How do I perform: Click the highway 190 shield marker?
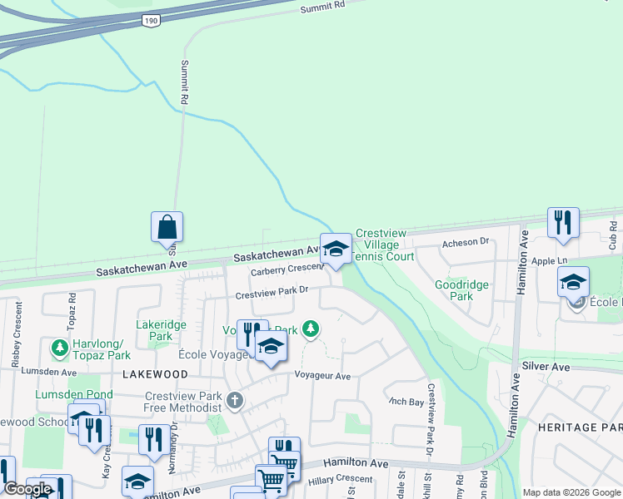150,20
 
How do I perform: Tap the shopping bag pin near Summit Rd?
167,227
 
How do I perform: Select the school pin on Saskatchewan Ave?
336,249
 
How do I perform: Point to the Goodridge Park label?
461,289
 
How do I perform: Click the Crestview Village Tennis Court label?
384,245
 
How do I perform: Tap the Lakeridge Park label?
162,331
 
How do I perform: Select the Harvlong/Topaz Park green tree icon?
59,345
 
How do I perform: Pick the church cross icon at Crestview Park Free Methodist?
235,402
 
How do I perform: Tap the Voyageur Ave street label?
322,376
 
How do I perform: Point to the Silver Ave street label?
546,367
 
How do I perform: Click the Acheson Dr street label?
466,242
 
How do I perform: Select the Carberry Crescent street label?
288,269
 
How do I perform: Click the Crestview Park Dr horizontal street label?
272,293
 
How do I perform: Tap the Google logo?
28,489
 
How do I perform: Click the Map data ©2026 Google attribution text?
571,492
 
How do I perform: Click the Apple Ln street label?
550,261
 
